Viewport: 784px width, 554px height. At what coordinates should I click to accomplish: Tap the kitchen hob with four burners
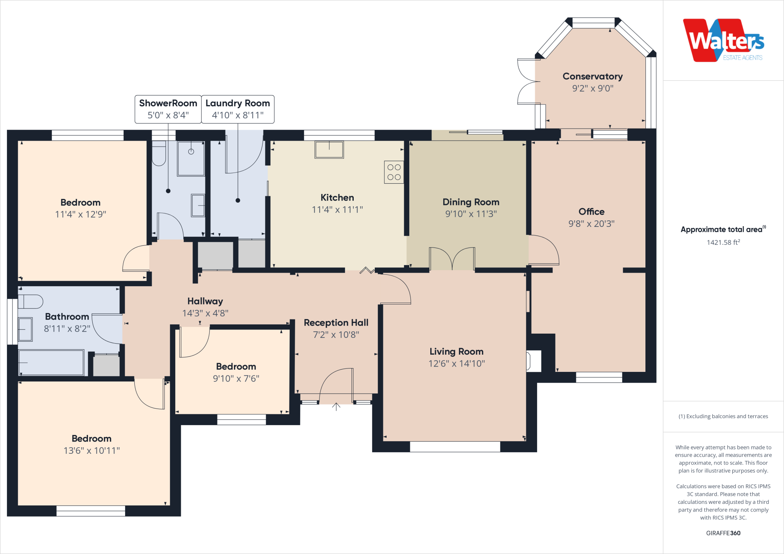[394, 172]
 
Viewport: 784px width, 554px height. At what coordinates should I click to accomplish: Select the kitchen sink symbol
[329, 150]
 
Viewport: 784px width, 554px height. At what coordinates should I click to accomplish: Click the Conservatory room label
[593, 77]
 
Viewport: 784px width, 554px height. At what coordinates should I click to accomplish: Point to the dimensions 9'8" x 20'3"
[591, 224]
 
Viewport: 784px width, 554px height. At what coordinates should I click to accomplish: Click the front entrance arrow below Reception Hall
[336, 406]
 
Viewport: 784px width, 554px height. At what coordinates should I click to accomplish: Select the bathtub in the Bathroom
[51, 362]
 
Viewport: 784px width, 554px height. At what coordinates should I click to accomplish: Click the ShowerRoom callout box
[168, 109]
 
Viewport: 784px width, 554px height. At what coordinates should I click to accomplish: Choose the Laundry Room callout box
[238, 109]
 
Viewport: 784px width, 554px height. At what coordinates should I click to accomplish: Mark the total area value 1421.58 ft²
[723, 242]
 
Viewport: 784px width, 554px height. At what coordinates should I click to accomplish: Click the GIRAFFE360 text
[723, 533]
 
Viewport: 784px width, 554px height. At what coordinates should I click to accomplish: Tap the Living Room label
[456, 352]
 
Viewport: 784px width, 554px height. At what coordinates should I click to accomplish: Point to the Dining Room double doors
[452, 259]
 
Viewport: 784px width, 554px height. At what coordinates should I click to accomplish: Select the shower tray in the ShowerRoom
[191, 158]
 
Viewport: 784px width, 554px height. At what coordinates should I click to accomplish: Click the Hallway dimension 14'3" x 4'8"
[205, 313]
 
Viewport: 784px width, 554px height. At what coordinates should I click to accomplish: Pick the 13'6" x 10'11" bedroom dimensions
[91, 451]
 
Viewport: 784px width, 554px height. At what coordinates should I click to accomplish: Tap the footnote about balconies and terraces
[723, 416]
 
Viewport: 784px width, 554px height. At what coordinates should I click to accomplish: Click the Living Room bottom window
[455, 446]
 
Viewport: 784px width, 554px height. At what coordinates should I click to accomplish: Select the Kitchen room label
[337, 198]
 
